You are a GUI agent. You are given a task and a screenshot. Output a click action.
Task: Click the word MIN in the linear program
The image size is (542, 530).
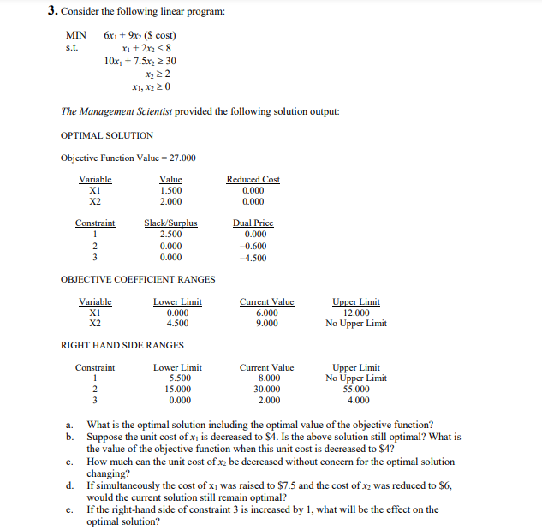click(x=76, y=35)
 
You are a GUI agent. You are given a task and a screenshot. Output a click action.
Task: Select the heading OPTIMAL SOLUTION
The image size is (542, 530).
click(x=107, y=135)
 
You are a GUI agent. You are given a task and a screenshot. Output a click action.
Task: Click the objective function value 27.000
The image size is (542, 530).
click(x=182, y=158)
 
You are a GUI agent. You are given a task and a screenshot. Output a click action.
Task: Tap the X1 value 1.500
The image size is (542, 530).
click(x=170, y=190)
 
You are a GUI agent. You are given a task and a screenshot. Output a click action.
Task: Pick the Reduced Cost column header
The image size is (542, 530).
click(x=253, y=179)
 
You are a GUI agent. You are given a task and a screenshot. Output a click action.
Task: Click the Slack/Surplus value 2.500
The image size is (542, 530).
click(x=170, y=234)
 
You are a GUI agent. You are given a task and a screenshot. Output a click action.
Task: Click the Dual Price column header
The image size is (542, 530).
click(x=253, y=223)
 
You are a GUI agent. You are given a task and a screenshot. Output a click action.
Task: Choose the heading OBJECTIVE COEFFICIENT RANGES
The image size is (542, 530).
click(x=138, y=279)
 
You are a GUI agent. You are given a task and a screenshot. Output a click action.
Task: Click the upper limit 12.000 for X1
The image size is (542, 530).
click(x=355, y=313)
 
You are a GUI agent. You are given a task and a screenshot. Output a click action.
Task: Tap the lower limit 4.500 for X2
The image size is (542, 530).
click(x=177, y=324)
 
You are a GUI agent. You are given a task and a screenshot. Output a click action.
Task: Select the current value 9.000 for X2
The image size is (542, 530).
click(x=266, y=324)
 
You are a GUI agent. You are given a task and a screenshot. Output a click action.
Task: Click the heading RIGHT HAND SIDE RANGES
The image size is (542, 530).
click(x=122, y=345)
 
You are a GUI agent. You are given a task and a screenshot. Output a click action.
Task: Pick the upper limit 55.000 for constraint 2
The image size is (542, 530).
click(x=355, y=389)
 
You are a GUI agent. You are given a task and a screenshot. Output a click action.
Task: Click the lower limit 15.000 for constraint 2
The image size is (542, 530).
click(x=177, y=389)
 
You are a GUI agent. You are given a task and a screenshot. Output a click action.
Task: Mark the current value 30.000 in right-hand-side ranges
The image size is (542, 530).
click(x=266, y=389)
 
